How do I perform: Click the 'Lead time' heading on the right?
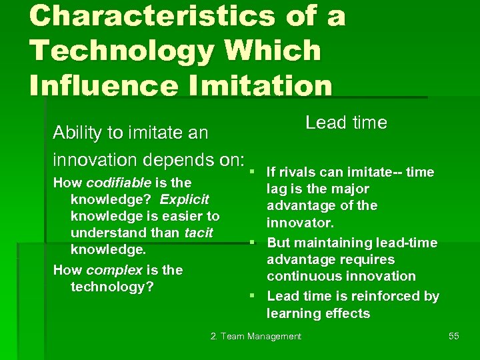tap(346, 123)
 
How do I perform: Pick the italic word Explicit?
tap(184, 199)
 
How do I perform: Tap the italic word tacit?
tap(199, 233)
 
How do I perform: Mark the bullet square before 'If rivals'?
tap(255, 172)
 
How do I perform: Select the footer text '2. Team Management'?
tap(256, 336)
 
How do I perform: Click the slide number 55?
tap(453, 336)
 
